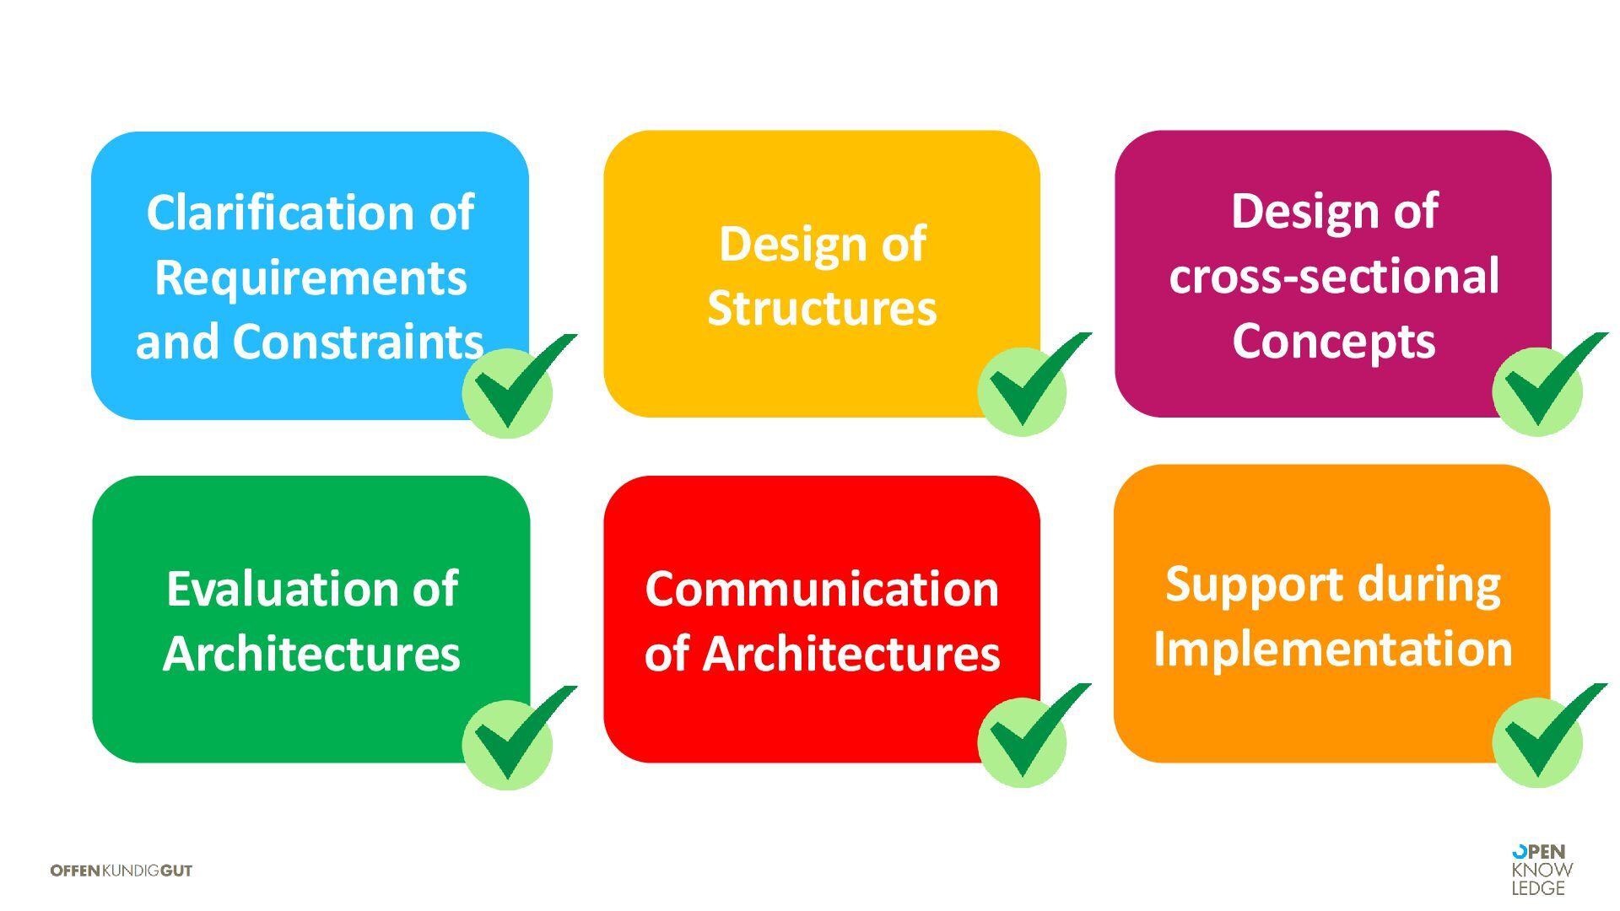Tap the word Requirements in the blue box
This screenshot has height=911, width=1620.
(310, 278)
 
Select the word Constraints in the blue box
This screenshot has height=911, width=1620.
(358, 342)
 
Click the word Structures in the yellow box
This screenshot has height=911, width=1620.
(822, 308)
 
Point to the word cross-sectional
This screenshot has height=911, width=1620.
(1333, 276)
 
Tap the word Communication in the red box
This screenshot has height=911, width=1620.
(822, 588)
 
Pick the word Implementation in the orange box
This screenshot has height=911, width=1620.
(1333, 649)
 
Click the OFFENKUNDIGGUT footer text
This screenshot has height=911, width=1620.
(121, 871)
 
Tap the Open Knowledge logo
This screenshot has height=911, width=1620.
(1542, 870)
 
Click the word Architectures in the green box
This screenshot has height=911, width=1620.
(311, 654)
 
